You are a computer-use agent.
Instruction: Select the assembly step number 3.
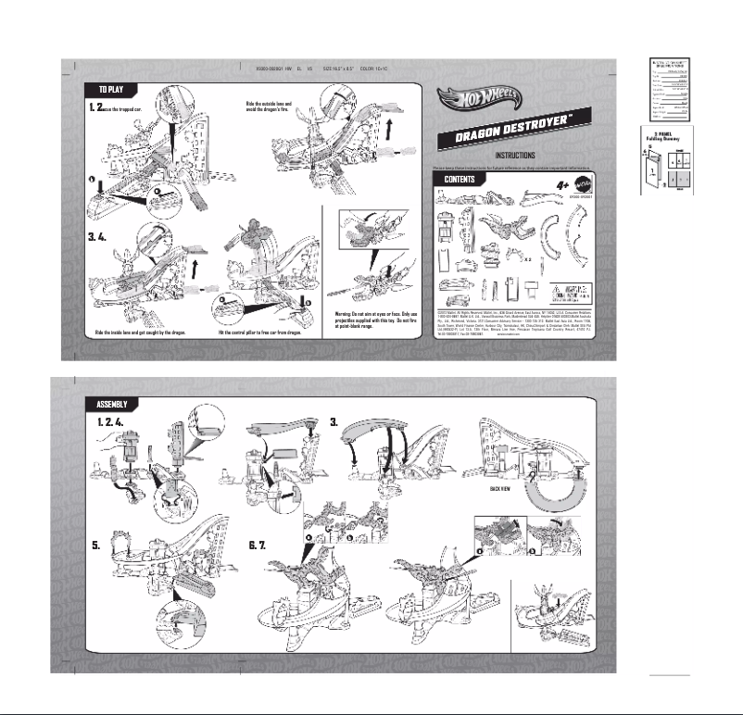(334, 421)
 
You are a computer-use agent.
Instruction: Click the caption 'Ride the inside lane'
(141, 332)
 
